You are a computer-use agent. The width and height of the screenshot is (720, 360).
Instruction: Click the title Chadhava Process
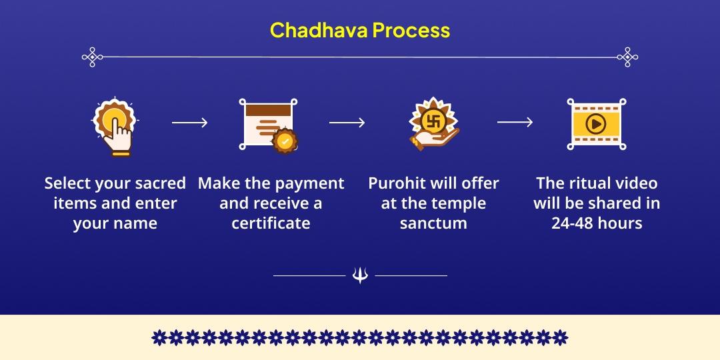click(360, 30)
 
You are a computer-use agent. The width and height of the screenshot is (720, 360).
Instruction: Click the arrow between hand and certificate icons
click(190, 123)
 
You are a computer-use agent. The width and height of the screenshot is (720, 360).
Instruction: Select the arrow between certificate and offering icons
click(347, 123)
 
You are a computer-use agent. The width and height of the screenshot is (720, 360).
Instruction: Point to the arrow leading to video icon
click(515, 122)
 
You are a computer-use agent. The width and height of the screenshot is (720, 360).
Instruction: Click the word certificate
click(271, 223)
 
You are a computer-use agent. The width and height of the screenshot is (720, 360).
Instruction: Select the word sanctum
click(433, 223)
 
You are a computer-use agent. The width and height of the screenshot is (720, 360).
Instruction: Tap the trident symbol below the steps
click(360, 275)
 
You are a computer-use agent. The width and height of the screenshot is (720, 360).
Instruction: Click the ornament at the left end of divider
click(92, 57)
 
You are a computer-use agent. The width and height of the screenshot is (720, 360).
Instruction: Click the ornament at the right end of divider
click(628, 57)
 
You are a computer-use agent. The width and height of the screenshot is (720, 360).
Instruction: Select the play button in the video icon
click(595, 123)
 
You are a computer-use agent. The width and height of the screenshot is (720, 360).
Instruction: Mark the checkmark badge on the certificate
click(285, 141)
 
